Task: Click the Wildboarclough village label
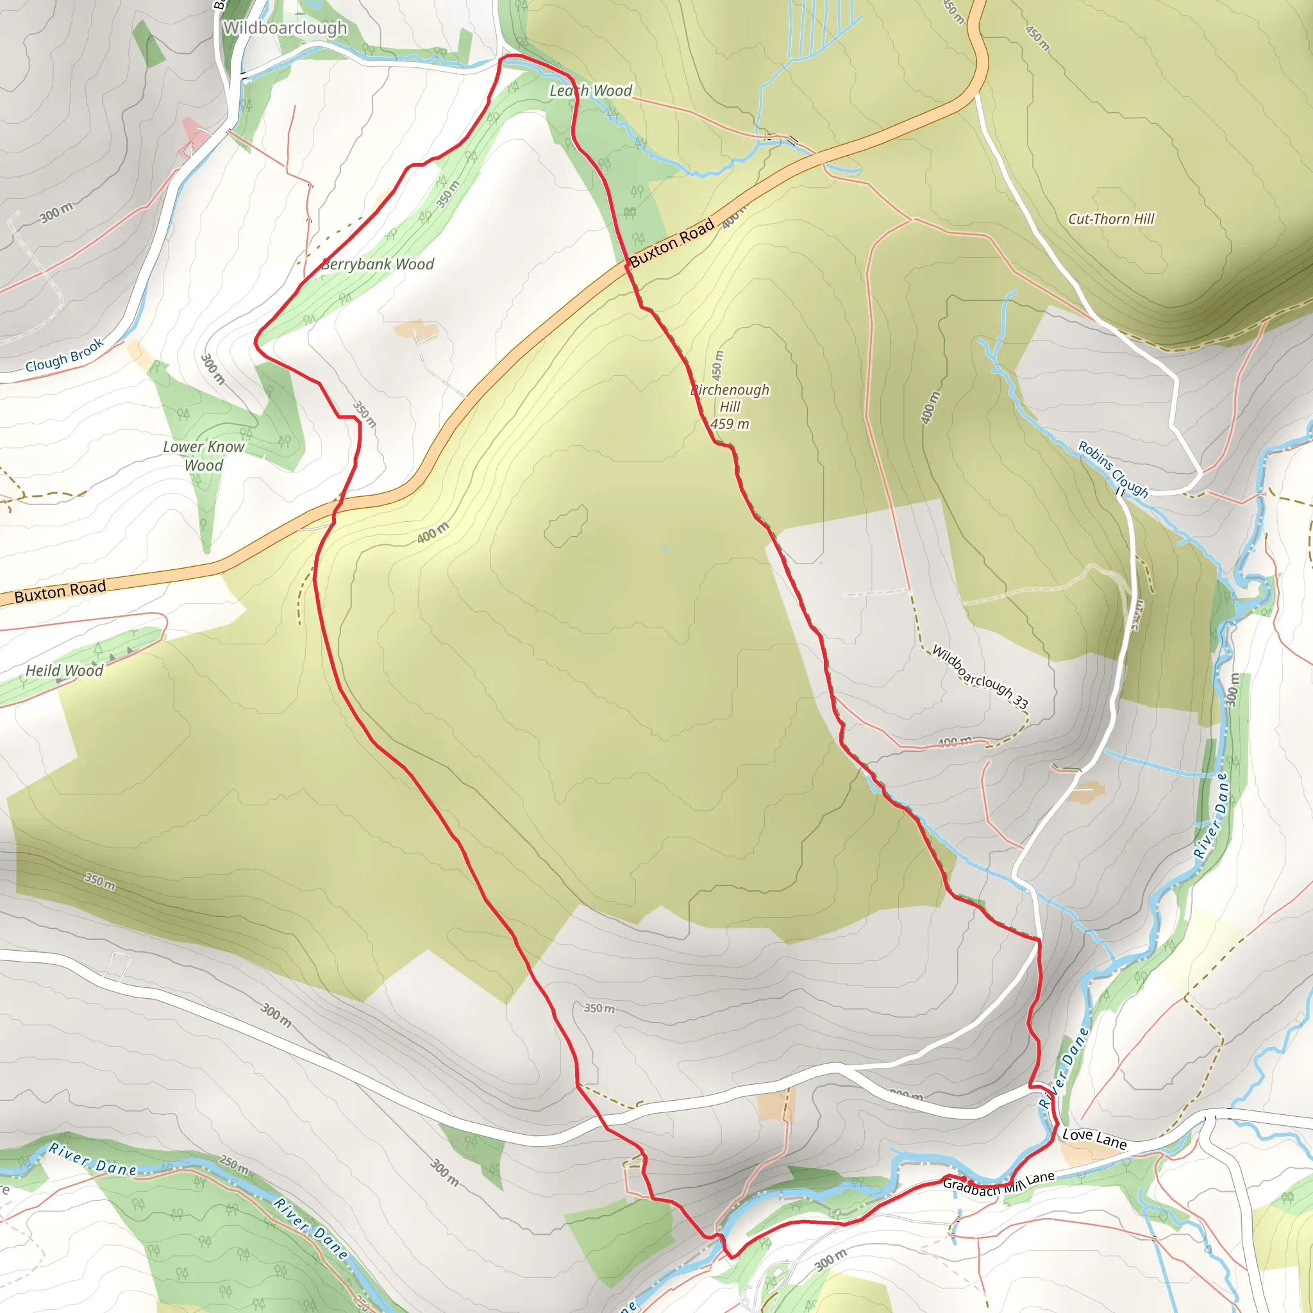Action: click(x=285, y=28)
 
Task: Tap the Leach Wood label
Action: click(x=590, y=90)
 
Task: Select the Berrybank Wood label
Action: click(x=377, y=264)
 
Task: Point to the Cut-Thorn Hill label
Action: click(x=1111, y=219)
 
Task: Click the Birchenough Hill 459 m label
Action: click(x=730, y=406)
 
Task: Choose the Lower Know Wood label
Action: click(x=203, y=456)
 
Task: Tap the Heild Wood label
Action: click(x=65, y=670)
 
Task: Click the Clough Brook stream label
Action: click(x=65, y=355)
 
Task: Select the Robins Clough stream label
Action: click(x=1113, y=469)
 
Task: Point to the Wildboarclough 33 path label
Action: click(x=980, y=676)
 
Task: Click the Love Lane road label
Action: click(x=1094, y=1139)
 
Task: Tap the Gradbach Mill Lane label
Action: click(x=998, y=1184)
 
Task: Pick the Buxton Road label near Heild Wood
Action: click(x=60, y=591)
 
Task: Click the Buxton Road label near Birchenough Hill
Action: click(x=671, y=242)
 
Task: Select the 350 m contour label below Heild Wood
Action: click(x=100, y=881)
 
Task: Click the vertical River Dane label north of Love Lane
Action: click(x=1210, y=815)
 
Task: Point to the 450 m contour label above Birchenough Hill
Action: click(x=717, y=365)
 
